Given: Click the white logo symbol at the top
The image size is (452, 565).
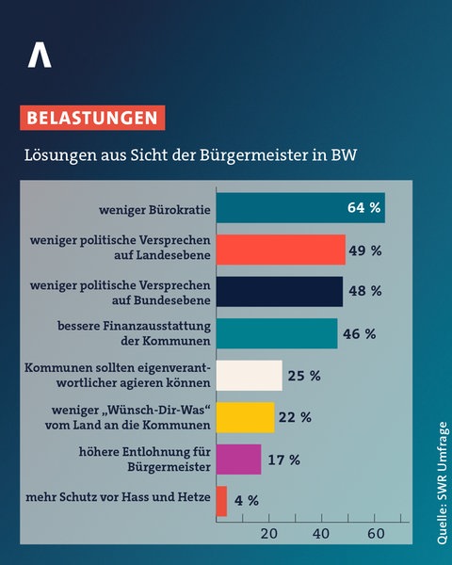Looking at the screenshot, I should click(40, 56).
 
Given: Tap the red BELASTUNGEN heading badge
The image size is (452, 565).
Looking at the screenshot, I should click(91, 119).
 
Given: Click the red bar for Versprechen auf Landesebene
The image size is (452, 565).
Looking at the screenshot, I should click(281, 250).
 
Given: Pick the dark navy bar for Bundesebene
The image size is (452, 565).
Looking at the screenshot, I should click(279, 292).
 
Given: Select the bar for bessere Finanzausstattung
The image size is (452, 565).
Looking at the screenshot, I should click(276, 333).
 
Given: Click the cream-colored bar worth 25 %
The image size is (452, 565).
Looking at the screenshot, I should click(249, 375).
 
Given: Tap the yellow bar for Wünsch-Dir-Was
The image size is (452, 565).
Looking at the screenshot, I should click(245, 417).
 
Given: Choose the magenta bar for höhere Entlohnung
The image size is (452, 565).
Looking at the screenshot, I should click(238, 459).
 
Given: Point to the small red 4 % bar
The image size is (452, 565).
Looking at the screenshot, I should click(221, 500).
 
